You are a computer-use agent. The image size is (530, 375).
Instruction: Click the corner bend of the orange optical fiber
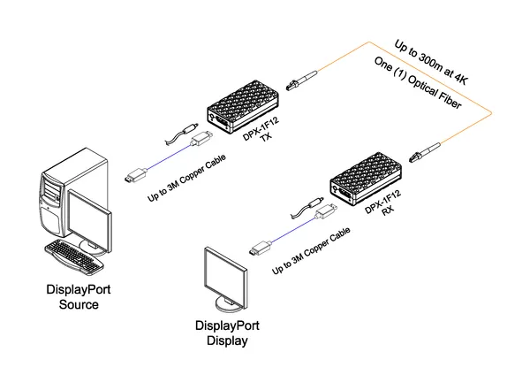click(490, 112)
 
